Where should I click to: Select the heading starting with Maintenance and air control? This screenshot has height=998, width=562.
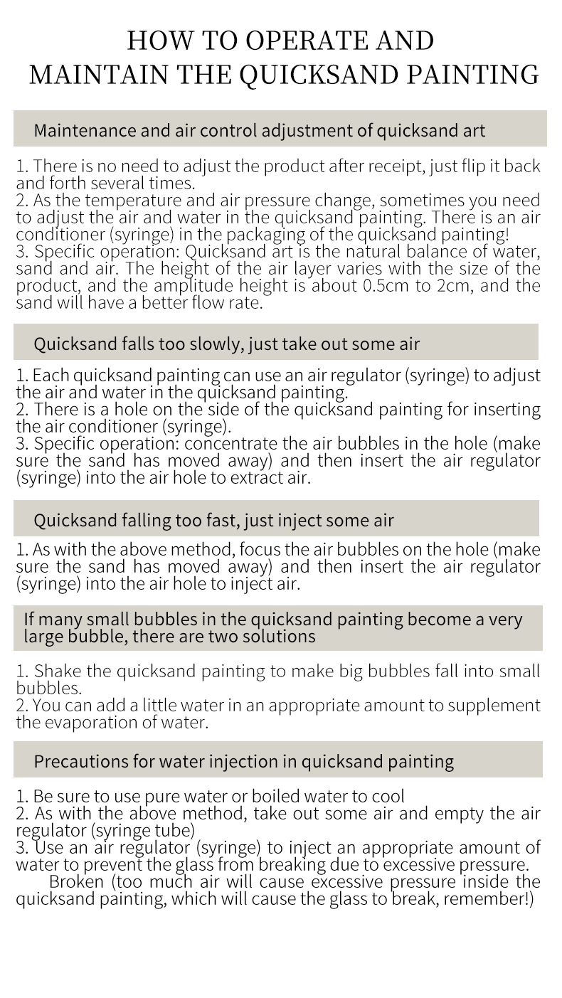260,131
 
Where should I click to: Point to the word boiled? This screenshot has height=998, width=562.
267,796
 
